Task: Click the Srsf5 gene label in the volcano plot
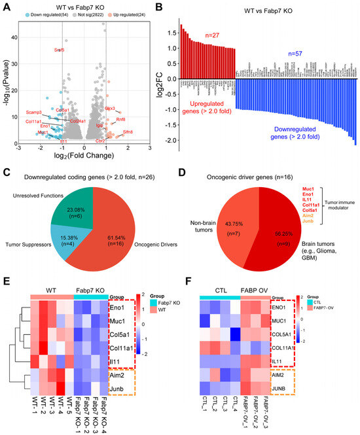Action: [x=59, y=50]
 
